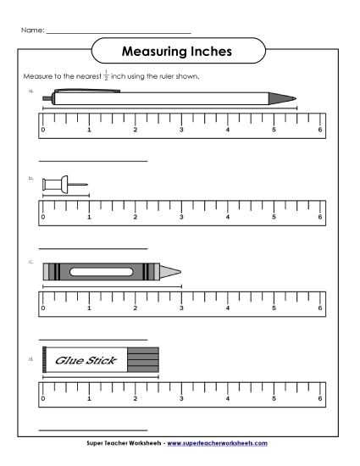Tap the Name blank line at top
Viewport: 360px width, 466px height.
pos(119,32)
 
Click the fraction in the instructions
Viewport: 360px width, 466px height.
pos(107,76)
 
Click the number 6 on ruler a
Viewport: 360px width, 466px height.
pos(319,130)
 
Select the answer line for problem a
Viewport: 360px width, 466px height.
pos(94,161)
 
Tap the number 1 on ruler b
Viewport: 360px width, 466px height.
pos(89,217)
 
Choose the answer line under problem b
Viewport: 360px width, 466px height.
pos(94,248)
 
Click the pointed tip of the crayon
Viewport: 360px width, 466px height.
pos(179,271)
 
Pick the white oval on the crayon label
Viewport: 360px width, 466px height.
pos(103,271)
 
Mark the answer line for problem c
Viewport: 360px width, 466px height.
pos(94,336)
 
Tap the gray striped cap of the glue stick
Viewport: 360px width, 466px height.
pos(142,359)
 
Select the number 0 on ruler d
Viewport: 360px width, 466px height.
pos(42,397)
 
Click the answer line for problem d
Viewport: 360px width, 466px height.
pos(94,430)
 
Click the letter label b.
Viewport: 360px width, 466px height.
pos(30,179)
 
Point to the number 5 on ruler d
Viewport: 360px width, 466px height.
pos(274,397)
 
